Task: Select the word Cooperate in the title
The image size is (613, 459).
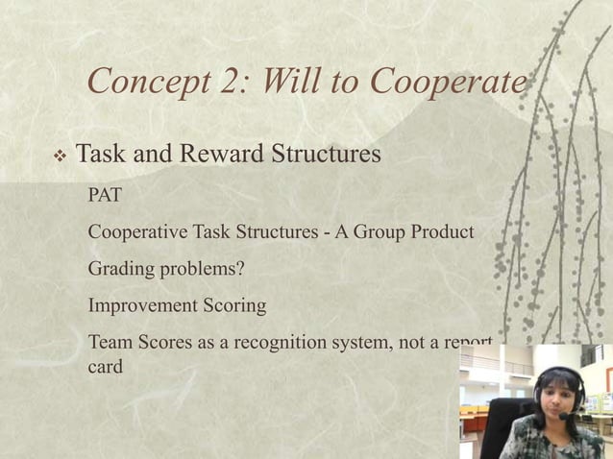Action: coord(449,84)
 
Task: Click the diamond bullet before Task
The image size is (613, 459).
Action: coord(60,155)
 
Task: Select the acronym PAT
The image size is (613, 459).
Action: coord(105,196)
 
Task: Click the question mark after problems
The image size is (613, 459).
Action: coord(239,269)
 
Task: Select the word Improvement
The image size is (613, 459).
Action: coord(141,306)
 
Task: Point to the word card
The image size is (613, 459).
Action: coord(105,366)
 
